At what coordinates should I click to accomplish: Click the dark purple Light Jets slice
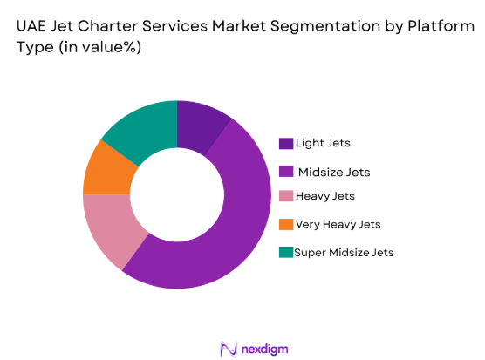(200, 126)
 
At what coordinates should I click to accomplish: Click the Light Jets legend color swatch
(285, 143)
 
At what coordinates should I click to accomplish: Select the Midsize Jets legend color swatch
(285, 170)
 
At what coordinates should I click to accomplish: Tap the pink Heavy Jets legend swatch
(285, 197)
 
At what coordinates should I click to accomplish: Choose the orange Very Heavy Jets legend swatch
(285, 225)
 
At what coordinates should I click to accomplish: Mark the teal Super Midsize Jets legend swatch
(285, 253)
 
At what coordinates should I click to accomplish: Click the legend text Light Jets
(324, 143)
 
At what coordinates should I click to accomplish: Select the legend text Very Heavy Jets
(338, 225)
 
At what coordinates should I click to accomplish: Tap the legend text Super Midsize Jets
(344, 253)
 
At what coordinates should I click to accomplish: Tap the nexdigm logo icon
(229, 348)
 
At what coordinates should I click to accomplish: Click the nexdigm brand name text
(266, 348)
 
